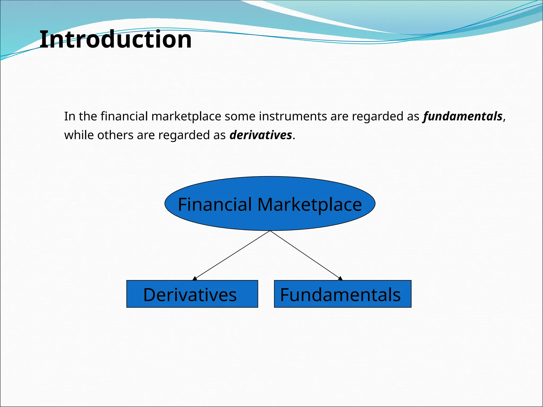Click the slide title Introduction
116,40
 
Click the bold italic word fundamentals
463,116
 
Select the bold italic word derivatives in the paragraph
261,135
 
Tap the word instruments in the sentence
293,116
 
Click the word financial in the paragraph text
124,116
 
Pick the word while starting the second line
79,135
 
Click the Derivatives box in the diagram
192,294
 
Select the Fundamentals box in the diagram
342,294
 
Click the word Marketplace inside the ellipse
309,205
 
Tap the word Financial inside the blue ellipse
215,205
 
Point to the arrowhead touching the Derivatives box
195,278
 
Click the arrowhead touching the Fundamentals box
340,278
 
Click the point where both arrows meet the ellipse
270,231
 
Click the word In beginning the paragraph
69,116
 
